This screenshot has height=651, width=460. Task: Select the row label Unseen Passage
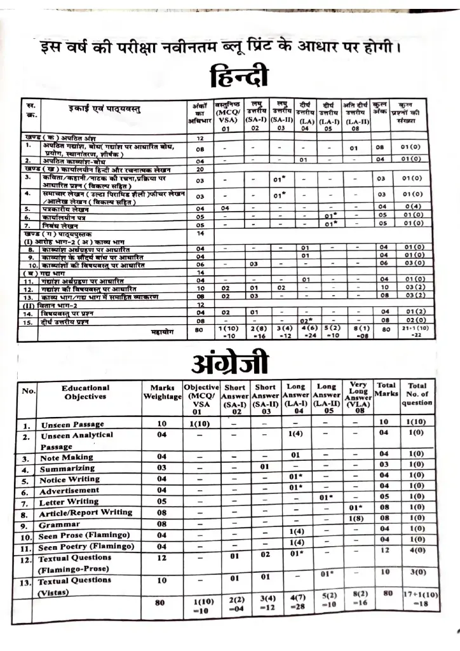73,424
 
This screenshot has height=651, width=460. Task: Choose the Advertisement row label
73,491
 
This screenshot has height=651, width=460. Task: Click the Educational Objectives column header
85,392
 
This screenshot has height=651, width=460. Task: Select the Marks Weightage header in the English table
162,392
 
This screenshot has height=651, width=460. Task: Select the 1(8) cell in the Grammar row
357,519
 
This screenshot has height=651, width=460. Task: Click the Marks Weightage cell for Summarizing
161,469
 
